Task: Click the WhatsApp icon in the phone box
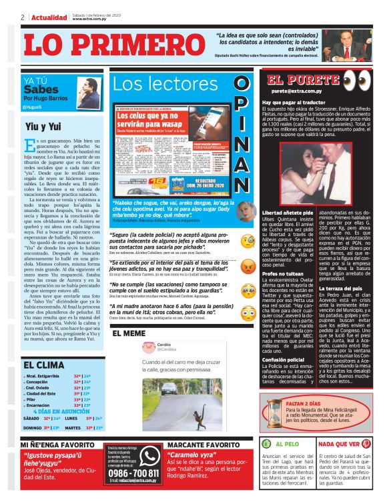click(149, 457)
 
